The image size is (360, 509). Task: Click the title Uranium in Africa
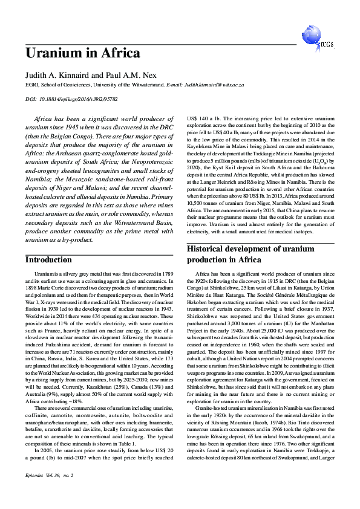(82, 53)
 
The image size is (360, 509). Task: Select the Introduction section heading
(48, 260)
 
